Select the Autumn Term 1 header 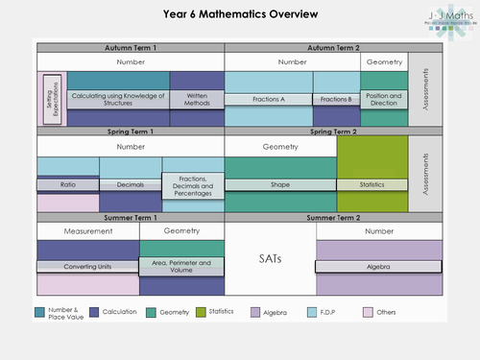tap(131, 47)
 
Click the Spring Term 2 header tap(318, 132)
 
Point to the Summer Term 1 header tap(131, 218)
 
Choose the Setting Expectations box tap(53, 99)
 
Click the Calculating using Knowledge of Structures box tap(118, 99)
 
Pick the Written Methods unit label tap(197, 99)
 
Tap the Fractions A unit tap(269, 99)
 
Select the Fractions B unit tap(336, 99)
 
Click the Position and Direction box tap(383, 99)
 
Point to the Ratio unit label tap(67, 184)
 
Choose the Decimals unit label tap(130, 184)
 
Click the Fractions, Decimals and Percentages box tap(192, 184)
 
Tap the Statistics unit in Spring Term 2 tap(372, 184)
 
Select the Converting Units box tap(88, 267)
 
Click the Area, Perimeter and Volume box tap(181, 266)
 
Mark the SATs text tap(270, 259)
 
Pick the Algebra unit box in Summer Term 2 tap(378, 267)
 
